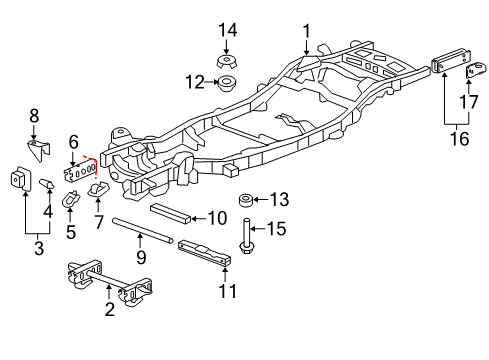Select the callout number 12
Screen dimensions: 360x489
pyautogui.click(x=197, y=80)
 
